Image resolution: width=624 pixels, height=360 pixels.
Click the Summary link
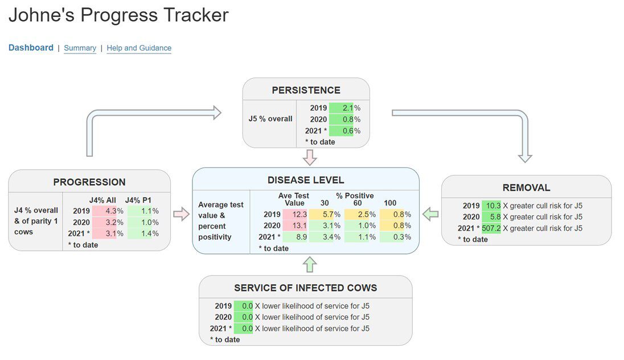(x=80, y=48)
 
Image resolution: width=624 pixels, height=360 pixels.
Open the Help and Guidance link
(x=139, y=48)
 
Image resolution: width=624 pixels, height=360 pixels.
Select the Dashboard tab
(x=31, y=48)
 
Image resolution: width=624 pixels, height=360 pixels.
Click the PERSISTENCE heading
(x=306, y=90)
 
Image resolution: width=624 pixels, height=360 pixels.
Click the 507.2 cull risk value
(x=491, y=228)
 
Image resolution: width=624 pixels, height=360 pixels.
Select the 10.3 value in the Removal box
(x=491, y=206)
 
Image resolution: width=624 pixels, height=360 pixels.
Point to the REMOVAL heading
(x=526, y=188)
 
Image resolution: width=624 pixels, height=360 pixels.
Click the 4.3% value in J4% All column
(x=106, y=211)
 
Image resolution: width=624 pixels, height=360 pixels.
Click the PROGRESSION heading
(x=89, y=182)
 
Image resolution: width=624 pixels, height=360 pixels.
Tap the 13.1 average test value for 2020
(x=295, y=226)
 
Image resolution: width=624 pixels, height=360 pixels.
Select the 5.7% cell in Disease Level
(x=325, y=214)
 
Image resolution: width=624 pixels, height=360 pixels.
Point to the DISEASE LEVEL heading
(x=306, y=180)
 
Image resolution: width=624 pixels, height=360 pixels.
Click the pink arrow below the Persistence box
(x=309, y=157)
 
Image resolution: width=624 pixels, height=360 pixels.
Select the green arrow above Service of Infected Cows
(x=309, y=264)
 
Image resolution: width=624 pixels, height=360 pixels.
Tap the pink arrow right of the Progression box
(x=181, y=214)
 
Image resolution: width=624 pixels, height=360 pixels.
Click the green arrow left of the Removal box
(x=430, y=214)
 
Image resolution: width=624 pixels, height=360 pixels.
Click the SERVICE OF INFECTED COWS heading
(x=305, y=288)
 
